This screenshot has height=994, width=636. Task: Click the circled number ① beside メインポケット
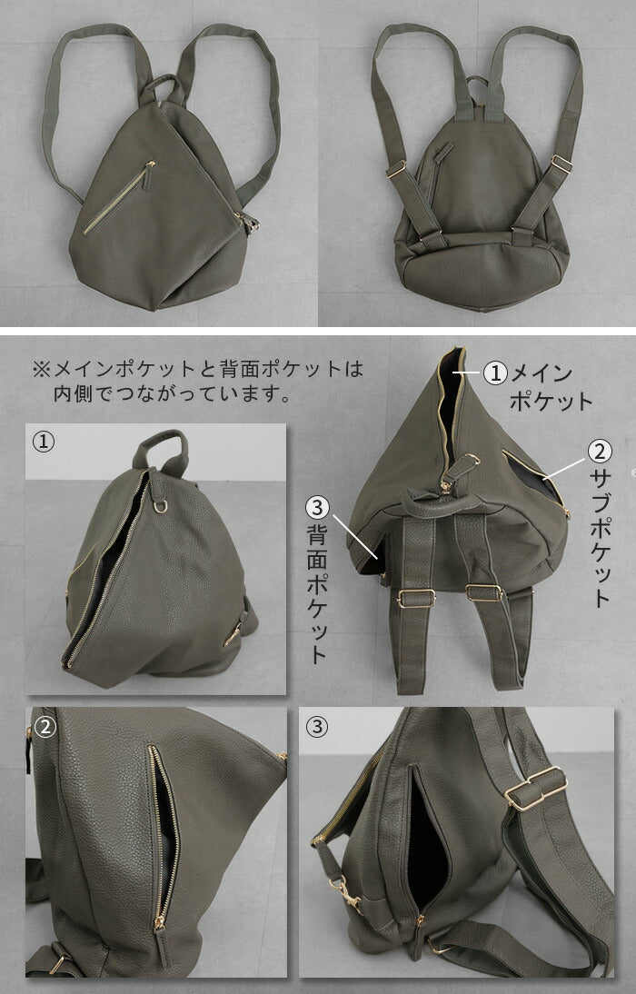point(495,373)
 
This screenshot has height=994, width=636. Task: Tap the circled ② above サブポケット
point(600,452)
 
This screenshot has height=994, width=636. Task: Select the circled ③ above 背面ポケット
point(318,507)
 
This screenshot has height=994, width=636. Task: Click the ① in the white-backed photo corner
point(43,442)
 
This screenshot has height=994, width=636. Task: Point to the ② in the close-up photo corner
point(45,727)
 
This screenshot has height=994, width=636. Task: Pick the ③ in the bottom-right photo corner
point(317,727)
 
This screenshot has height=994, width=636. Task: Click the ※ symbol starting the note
point(41,369)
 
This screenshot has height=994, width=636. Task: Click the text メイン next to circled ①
point(542,373)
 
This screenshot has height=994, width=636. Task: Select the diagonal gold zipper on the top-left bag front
point(119,197)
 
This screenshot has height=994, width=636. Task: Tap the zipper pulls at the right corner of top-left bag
point(248,223)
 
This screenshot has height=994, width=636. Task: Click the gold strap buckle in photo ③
point(536,789)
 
